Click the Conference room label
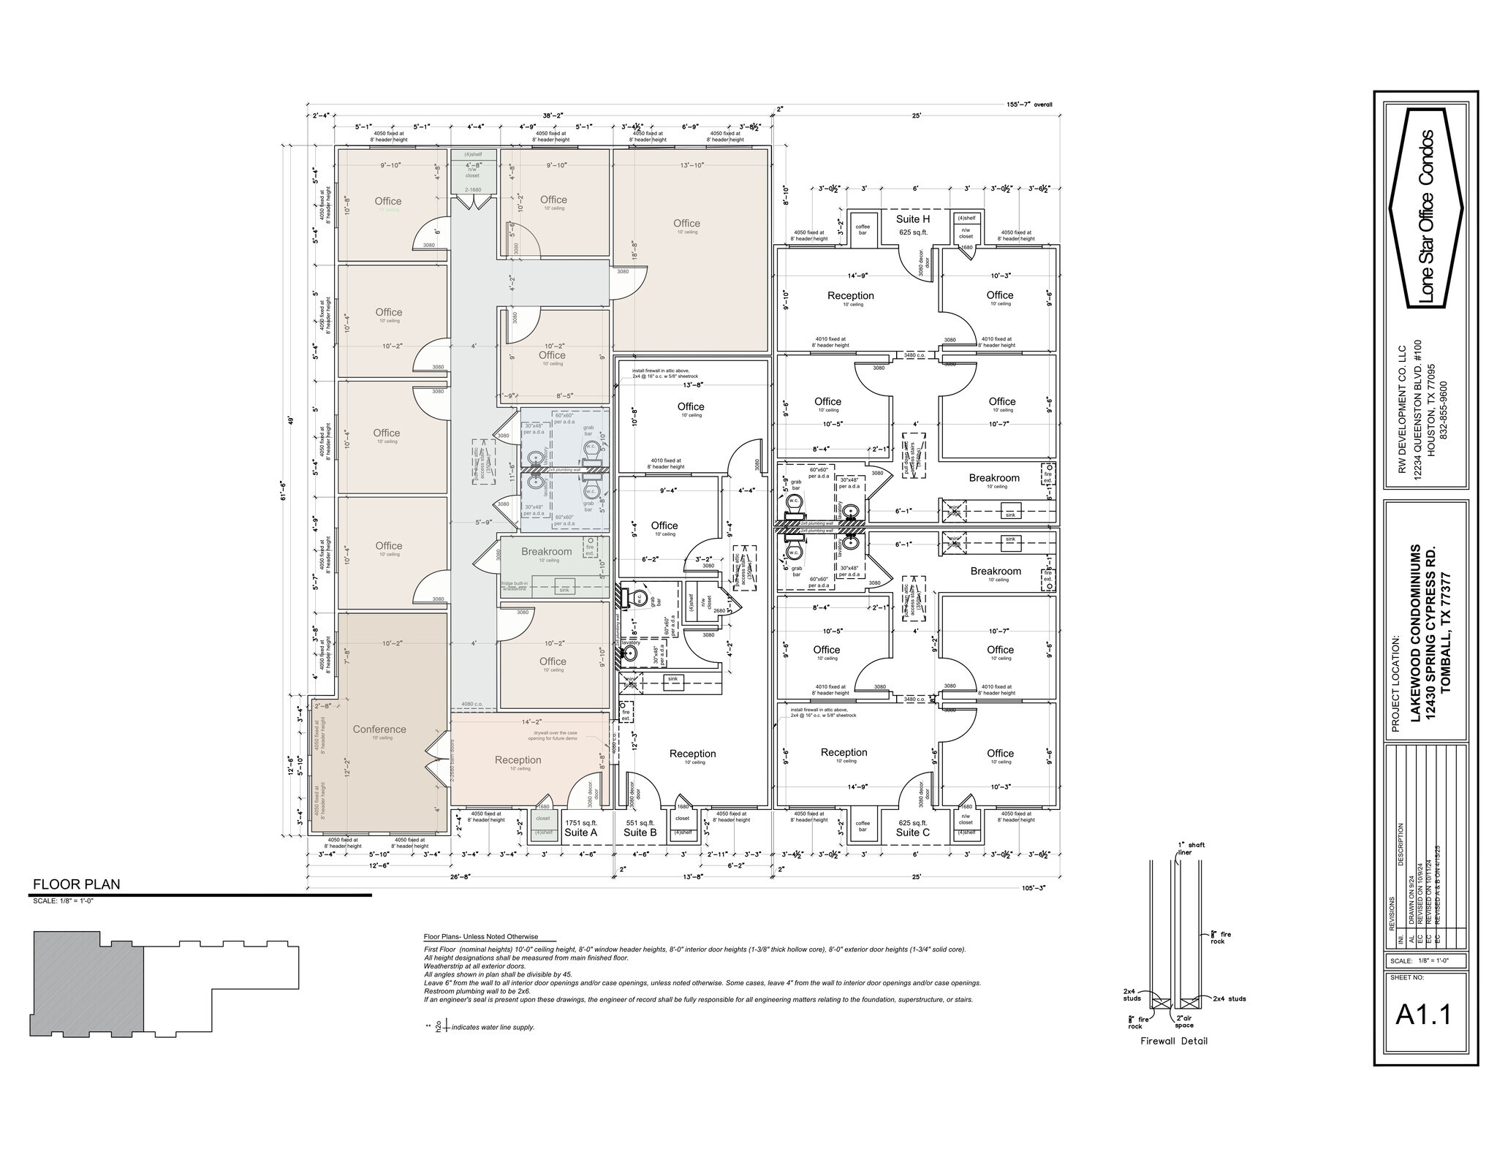click(379, 729)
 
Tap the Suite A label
click(581, 832)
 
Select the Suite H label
click(913, 219)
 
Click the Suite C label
click(913, 832)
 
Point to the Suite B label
click(640, 832)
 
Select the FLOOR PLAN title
click(76, 884)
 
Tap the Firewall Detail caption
click(1174, 1041)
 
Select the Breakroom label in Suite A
click(546, 551)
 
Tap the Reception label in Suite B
click(692, 754)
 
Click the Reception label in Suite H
click(850, 295)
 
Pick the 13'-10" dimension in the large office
click(691, 165)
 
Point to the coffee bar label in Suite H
click(863, 229)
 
